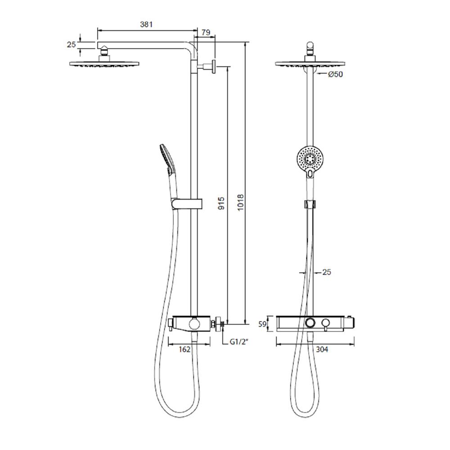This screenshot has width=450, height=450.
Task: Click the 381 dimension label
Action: (x=146, y=25)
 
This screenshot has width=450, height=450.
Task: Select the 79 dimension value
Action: (x=206, y=32)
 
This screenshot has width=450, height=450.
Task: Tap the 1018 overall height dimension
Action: (x=240, y=202)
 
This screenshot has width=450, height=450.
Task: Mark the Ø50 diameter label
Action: (x=335, y=75)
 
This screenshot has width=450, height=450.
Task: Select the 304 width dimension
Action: (x=322, y=349)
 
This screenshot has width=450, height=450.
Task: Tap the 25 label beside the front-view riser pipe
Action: (x=327, y=272)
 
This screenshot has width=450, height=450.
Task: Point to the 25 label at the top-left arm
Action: (x=71, y=45)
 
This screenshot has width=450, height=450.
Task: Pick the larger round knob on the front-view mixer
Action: (x=310, y=323)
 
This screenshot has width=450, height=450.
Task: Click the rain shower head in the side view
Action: (x=105, y=64)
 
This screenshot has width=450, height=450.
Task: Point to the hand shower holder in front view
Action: (x=310, y=204)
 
